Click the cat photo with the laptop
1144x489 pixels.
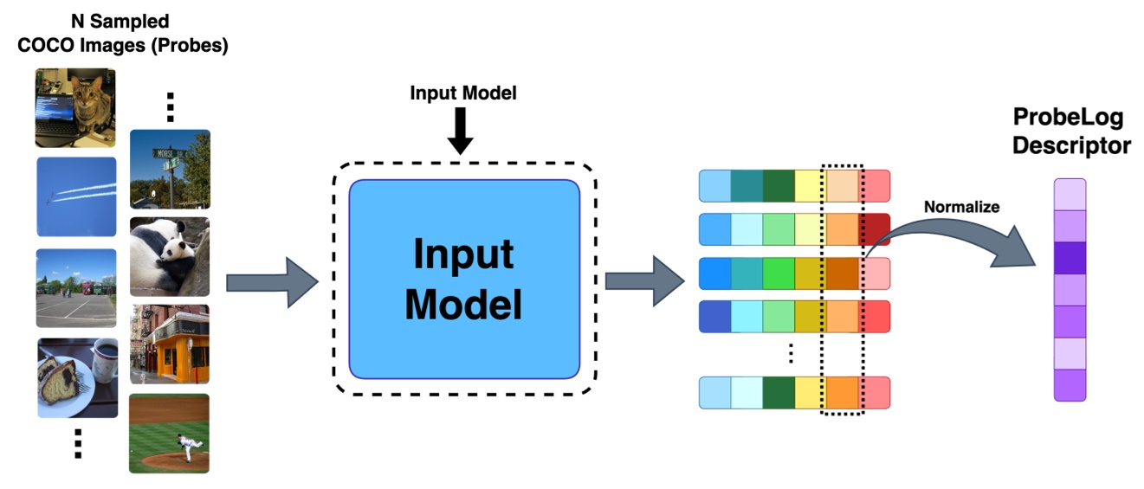[x=75, y=107]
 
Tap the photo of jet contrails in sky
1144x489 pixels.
[x=76, y=196]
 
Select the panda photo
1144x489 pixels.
[x=169, y=256]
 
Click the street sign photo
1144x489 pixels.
[x=169, y=169]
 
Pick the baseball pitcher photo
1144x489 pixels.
[x=169, y=433]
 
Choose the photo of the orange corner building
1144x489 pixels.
[x=169, y=344]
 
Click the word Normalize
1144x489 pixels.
[x=961, y=207]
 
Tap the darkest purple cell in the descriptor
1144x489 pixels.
[x=1070, y=258]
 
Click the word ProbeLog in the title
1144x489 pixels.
[x=1070, y=119]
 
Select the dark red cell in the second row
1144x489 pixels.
[x=875, y=229]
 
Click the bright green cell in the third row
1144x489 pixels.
[x=779, y=273]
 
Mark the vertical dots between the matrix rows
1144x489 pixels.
[x=792, y=353]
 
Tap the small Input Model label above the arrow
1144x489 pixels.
[x=462, y=93]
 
